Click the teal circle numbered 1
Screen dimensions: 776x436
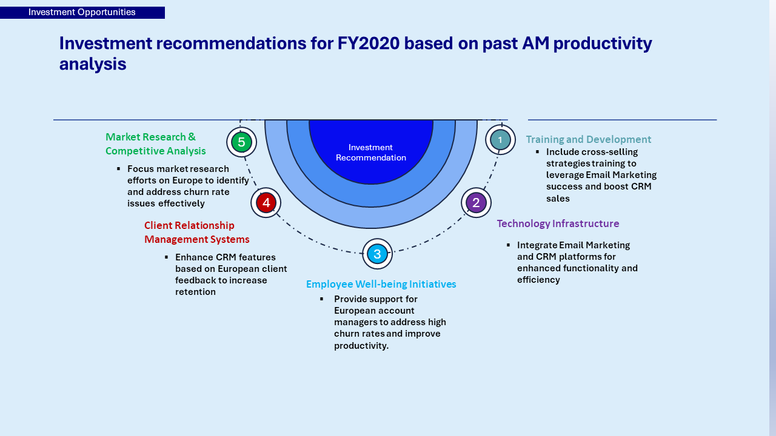(500, 140)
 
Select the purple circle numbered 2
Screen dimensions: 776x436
(476, 202)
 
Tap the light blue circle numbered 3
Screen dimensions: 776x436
(377, 254)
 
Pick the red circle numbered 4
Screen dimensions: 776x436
(266, 202)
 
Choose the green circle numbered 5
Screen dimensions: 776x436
(241, 142)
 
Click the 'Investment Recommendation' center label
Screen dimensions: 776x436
(370, 152)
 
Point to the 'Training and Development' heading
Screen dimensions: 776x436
(589, 139)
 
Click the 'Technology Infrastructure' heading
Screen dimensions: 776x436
(558, 223)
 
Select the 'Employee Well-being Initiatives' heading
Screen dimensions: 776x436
(381, 284)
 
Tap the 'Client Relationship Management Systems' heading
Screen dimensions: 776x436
(197, 232)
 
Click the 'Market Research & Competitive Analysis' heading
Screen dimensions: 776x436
(156, 144)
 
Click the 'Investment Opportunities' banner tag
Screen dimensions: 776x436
(82, 13)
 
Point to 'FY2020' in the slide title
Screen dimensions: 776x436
(368, 43)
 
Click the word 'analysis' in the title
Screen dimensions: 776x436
(93, 64)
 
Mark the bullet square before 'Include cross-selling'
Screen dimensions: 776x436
(537, 151)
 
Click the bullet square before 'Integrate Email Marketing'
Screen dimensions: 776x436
(508, 245)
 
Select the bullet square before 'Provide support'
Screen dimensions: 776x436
(322, 299)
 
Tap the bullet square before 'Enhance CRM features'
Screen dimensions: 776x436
(166, 257)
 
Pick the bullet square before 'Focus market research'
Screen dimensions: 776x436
(118, 168)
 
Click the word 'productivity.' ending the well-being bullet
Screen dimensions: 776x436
(361, 346)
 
